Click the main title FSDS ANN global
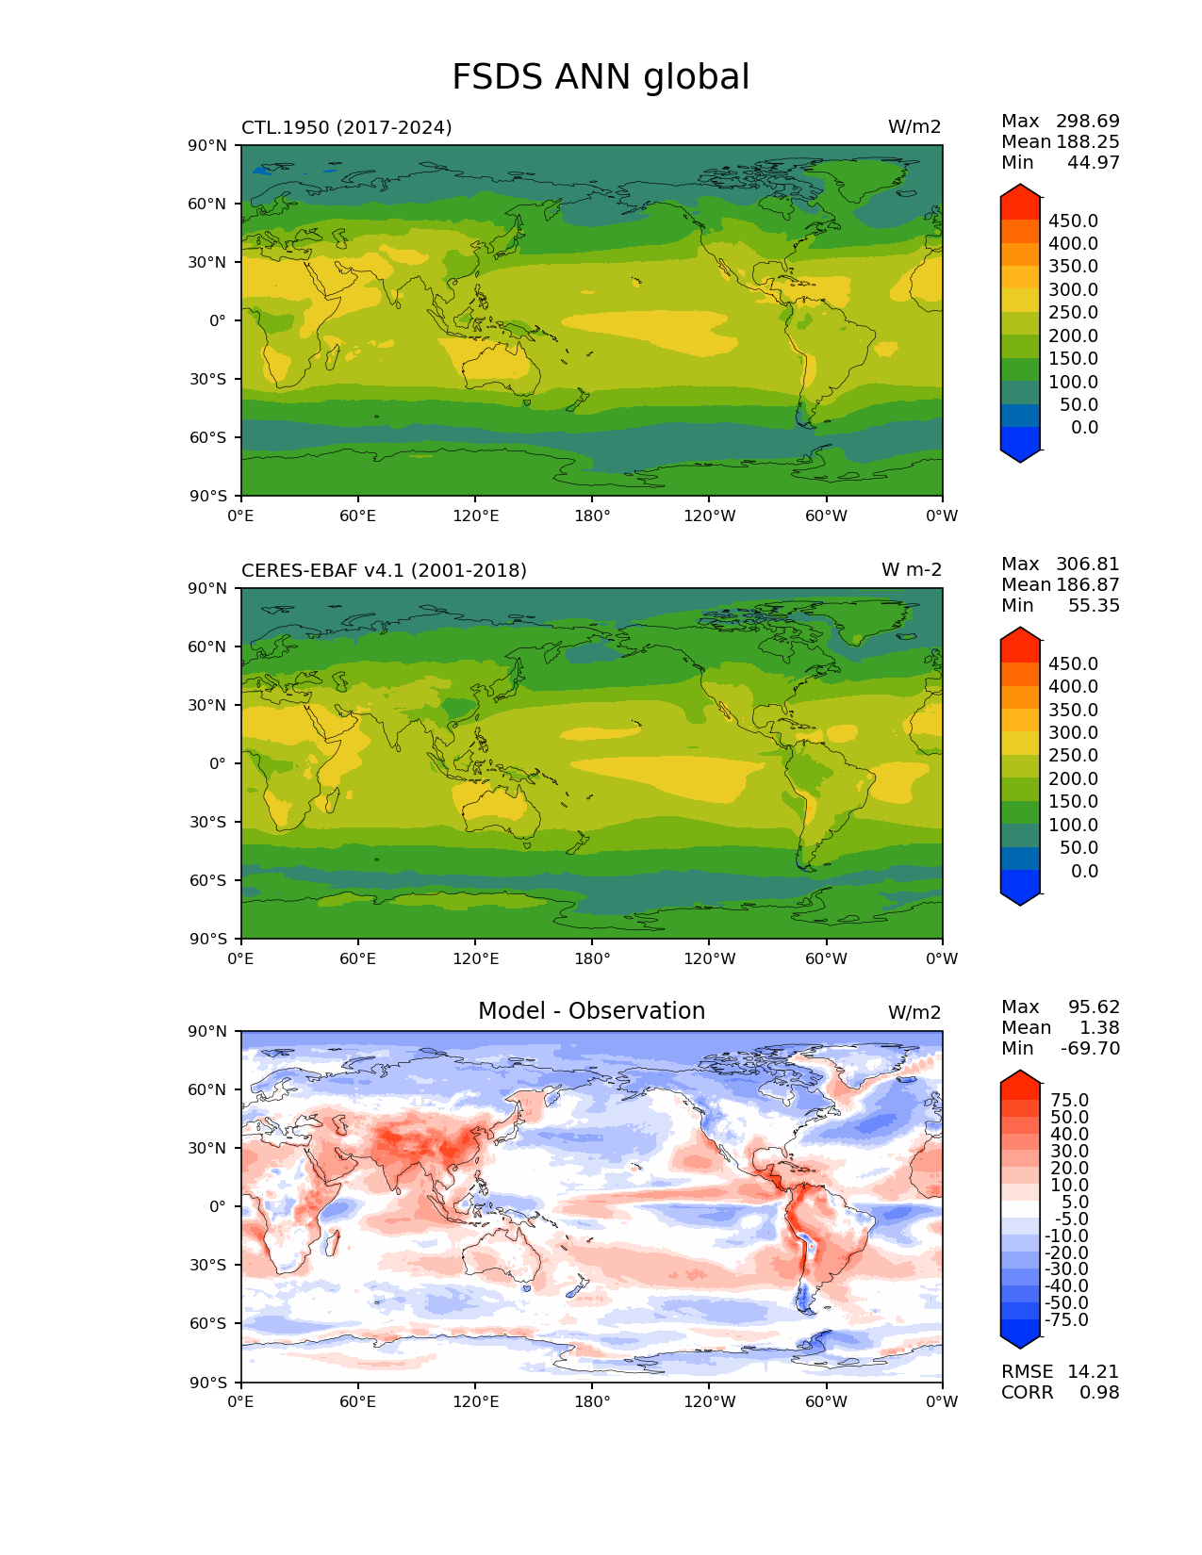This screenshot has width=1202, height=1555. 601,77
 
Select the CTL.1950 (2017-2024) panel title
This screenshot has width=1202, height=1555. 346,127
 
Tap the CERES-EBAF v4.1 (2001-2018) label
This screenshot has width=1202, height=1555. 384,570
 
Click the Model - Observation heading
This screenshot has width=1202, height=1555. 591,1011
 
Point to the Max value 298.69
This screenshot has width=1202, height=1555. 1088,121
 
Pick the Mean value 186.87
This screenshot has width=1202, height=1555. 1088,584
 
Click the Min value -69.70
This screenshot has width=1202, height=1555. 1090,1048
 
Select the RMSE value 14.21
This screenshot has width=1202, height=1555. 1093,1371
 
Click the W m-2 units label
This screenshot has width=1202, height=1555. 912,570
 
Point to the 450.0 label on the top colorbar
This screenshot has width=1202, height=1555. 1073,221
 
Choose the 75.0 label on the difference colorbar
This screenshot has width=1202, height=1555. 1069,1100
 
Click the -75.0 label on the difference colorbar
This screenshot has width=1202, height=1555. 1066,1319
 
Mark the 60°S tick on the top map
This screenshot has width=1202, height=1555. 209,437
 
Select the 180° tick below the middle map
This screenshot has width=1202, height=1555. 592,958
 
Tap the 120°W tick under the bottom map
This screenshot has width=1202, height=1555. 710,1401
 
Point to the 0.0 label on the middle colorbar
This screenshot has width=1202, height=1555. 1084,871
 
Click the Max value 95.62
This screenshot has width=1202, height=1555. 1094,1007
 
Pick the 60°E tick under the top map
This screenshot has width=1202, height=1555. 357,516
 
